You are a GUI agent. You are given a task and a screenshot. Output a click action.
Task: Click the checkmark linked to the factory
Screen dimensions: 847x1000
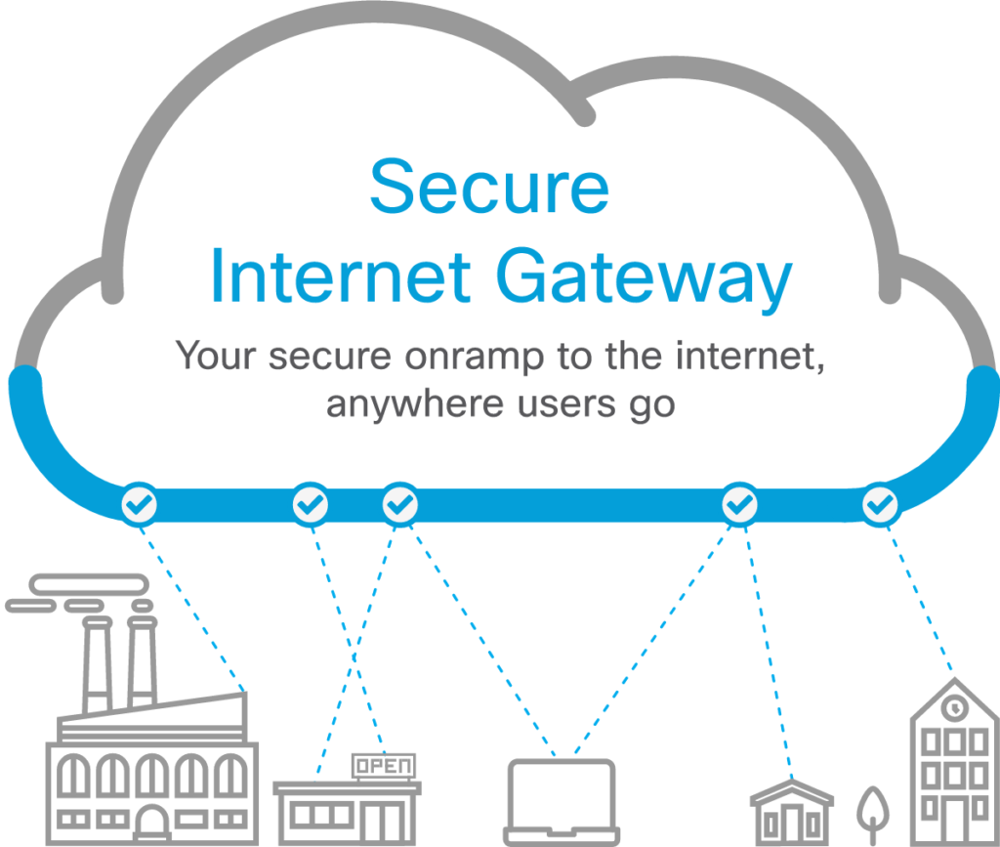coord(140,504)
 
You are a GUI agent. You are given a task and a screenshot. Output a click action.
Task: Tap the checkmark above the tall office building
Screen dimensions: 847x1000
coord(880,504)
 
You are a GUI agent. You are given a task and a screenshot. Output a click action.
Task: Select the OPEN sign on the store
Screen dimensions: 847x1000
coord(384,766)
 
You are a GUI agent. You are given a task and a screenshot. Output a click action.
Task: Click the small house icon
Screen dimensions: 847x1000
coord(792,811)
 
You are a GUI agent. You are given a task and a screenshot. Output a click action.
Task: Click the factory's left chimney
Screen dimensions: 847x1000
coord(96,664)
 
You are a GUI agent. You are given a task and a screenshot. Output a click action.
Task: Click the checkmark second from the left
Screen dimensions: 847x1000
coord(312,504)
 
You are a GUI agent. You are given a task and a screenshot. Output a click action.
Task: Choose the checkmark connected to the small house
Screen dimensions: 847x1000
coord(739,504)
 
